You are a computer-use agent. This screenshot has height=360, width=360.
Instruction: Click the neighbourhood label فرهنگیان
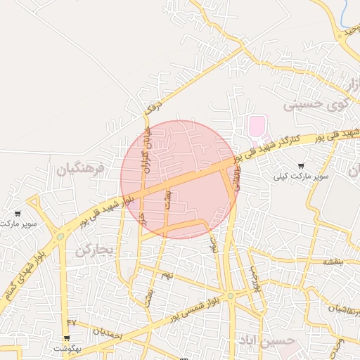pyautogui.click(x=82, y=169)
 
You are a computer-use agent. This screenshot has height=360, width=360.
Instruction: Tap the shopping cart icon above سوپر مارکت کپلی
pyautogui.click(x=302, y=166)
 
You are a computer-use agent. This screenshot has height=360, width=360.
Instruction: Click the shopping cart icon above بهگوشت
pyautogui.click(x=66, y=338)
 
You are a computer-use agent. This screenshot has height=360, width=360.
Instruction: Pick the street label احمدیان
pyautogui.click(x=107, y=333)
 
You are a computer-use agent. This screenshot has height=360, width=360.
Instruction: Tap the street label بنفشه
pyautogui.click(x=332, y=261)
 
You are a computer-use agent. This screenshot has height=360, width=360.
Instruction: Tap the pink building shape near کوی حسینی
pyautogui.click(x=257, y=128)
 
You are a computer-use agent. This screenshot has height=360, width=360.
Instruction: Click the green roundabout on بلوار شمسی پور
pyautogui.click(x=231, y=295)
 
